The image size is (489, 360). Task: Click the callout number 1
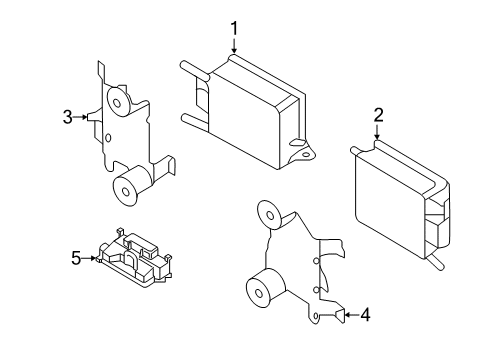coord(234,28)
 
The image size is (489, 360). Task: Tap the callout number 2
coord(378,115)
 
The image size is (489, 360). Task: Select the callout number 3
coord(68,117)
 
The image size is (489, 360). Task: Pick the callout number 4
coord(365,315)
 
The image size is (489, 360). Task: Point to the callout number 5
coord(76,258)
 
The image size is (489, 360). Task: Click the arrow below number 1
coord(234,46)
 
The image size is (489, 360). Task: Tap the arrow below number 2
coord(377,132)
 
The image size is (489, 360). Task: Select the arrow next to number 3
coord(81,117)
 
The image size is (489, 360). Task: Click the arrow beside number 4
coord(351,315)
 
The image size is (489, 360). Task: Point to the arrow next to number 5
coord(89,258)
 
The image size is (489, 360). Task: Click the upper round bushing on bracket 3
coord(117,102)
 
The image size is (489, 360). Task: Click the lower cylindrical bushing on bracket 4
coord(263,289)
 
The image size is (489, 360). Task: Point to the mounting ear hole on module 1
coord(306,154)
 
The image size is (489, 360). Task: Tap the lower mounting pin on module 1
coord(195,122)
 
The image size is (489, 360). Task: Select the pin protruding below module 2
coord(436,262)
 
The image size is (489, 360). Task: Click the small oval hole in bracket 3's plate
coord(108,137)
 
